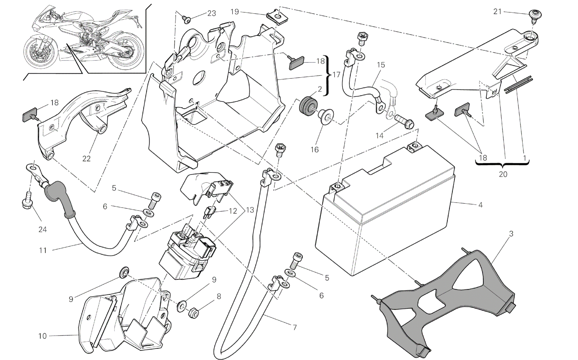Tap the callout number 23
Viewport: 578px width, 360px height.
pos(212,13)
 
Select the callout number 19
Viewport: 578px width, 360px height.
pos(235,12)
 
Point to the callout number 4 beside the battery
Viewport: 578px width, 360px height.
pos(480,205)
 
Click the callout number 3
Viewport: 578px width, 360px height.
pos(511,234)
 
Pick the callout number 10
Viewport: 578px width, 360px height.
pos(42,336)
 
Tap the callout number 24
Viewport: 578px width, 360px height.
pos(42,229)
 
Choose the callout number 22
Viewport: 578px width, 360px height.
pos(86,158)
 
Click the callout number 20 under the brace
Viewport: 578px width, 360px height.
pos(503,174)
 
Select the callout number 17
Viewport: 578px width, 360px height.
pos(336,75)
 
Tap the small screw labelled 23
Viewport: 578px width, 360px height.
pos(187,19)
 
